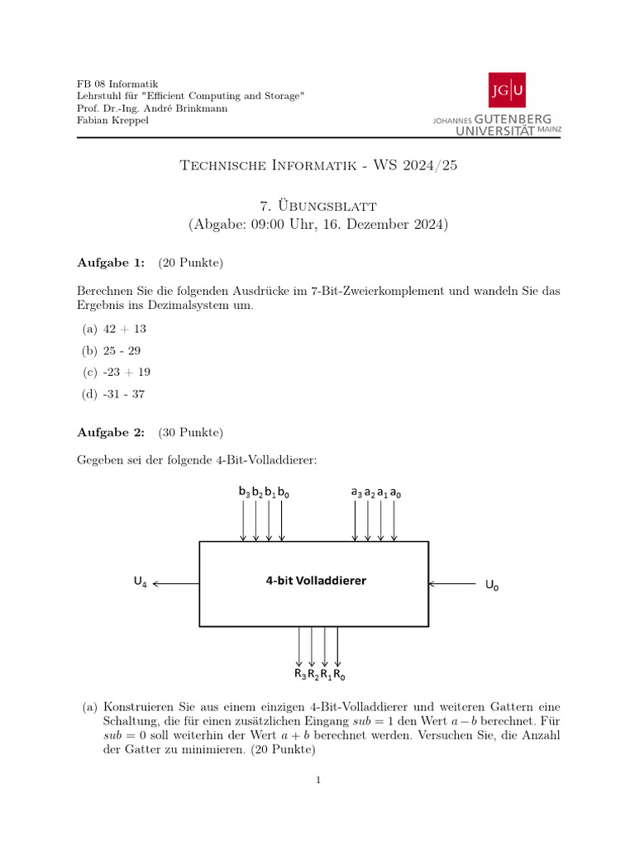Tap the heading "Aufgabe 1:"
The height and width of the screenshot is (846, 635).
click(x=111, y=263)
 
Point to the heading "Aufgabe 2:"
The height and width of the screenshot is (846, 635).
click(x=111, y=432)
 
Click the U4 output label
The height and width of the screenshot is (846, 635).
click(x=141, y=582)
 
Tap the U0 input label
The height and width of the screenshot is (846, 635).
click(x=492, y=586)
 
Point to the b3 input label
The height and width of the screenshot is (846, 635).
click(x=244, y=492)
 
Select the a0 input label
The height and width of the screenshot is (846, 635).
click(x=395, y=492)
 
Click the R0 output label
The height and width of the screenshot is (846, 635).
click(x=339, y=674)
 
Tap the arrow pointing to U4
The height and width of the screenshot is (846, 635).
click(x=176, y=584)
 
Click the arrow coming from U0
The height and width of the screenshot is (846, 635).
click(x=452, y=584)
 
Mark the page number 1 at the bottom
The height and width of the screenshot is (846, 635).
click(x=317, y=779)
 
